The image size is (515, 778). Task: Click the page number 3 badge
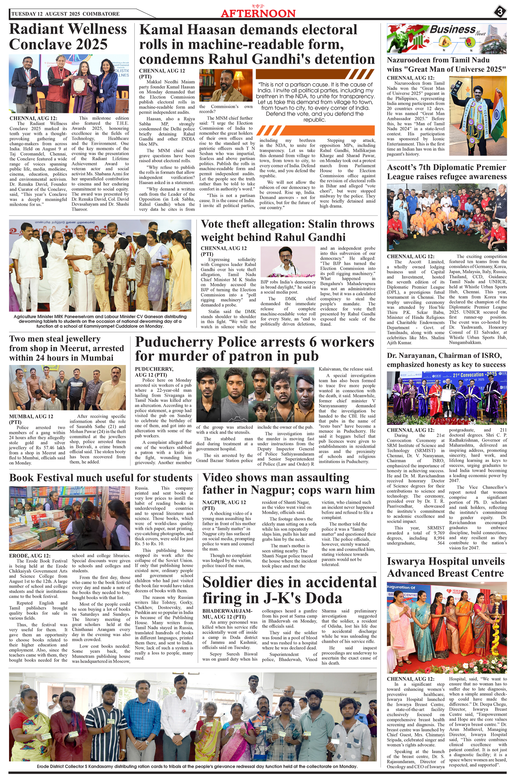[500, 13]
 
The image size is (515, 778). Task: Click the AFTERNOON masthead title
[258, 13]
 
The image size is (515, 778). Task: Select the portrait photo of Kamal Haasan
[226, 85]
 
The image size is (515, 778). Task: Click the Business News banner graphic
[446, 39]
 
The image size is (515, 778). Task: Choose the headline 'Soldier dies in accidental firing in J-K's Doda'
[289, 590]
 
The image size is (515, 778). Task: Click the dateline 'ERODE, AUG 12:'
[30, 556]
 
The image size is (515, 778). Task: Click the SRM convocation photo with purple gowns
[446, 398]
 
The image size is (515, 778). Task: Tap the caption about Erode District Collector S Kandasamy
[193, 766]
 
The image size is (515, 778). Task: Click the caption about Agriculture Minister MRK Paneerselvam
[100, 321]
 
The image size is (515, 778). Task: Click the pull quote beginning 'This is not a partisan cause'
[315, 102]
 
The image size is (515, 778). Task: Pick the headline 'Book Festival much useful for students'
[101, 478]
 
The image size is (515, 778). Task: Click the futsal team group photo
[446, 217]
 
